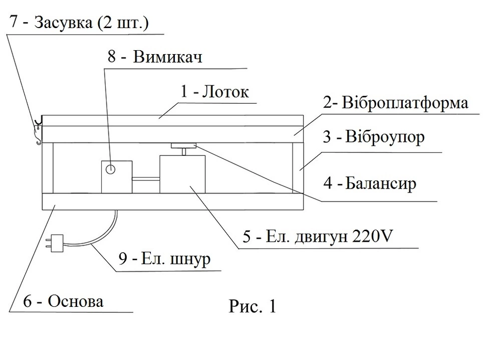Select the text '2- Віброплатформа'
[396, 103]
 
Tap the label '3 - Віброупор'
[373, 136]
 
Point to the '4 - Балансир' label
[370, 184]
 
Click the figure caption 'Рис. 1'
[253, 306]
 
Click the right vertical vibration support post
[298, 168]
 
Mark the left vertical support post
[48, 168]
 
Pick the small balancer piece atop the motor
[183, 146]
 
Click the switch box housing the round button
[117, 177]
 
